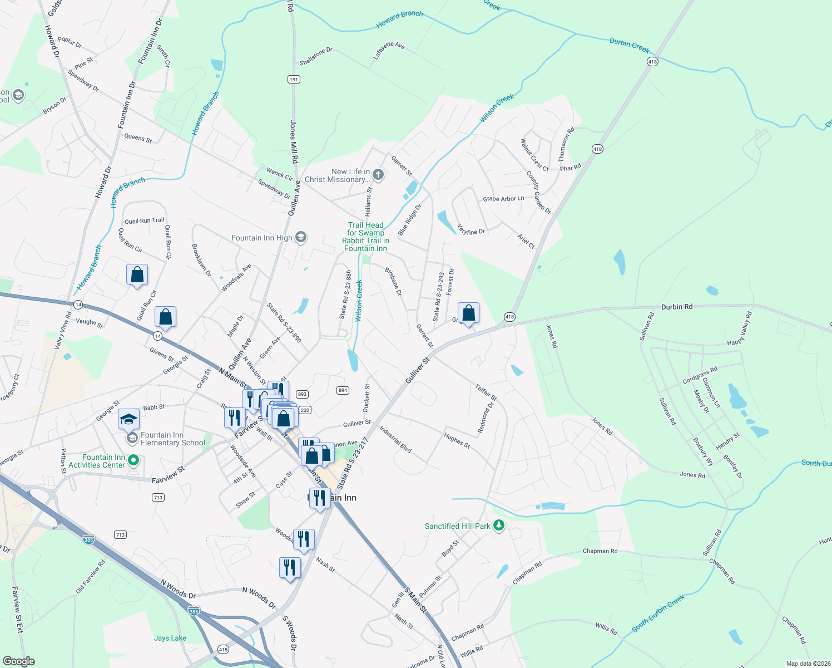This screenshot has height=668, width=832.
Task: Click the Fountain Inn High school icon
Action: (x=300, y=238)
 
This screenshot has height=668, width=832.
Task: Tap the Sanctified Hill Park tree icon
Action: (x=499, y=525)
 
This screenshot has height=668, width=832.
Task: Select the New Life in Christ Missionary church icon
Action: (x=378, y=175)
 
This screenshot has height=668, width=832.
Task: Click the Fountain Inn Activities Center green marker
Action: (x=133, y=461)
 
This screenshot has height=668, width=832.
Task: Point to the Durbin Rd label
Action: (x=677, y=307)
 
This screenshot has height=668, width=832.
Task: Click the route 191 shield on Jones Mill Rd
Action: (x=294, y=79)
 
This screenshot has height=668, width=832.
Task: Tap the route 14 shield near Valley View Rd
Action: (x=78, y=304)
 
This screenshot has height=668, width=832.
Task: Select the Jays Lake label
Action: (x=170, y=638)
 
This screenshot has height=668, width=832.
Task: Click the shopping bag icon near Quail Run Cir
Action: (x=137, y=275)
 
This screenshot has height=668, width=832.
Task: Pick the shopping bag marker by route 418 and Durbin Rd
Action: (x=468, y=313)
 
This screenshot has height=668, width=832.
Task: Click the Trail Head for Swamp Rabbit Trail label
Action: (x=365, y=237)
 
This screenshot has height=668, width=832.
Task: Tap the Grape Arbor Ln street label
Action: (x=503, y=199)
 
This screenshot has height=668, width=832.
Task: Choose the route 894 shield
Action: (x=343, y=390)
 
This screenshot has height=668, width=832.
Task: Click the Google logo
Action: (x=18, y=661)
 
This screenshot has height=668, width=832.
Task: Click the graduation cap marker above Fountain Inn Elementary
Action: (x=128, y=419)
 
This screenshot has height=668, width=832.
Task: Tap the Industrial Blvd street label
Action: (x=395, y=439)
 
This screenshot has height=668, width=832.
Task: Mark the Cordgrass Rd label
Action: (x=700, y=375)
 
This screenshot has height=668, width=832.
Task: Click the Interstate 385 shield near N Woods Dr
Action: (x=194, y=611)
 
